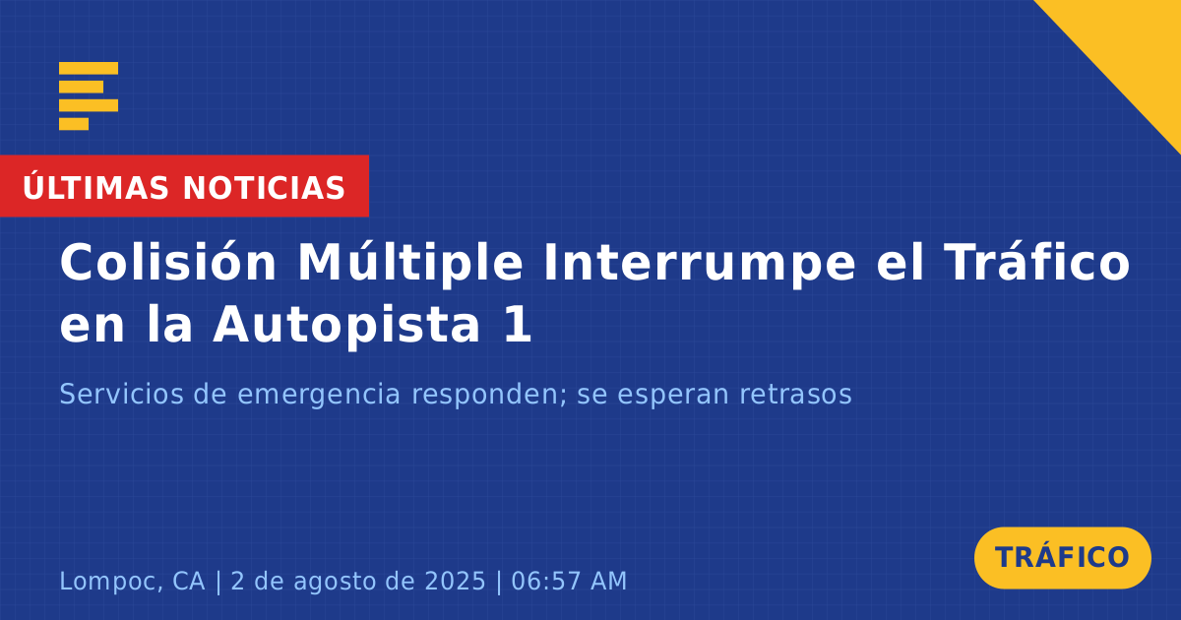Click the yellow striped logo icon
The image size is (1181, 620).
pos(89,96)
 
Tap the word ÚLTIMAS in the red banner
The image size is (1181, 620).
pos(95,187)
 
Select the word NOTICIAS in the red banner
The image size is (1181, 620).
pos(264,188)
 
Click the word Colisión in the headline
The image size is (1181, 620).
pos(167,263)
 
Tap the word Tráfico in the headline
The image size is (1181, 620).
pos(1037,262)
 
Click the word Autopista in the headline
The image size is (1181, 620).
pos(346,325)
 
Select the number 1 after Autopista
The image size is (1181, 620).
pos(518,324)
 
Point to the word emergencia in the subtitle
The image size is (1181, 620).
pos(319,396)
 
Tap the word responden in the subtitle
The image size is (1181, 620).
pos(489,396)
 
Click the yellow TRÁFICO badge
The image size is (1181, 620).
pos(1062,558)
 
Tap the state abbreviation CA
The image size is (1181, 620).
pos(189,581)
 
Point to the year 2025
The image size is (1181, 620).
pos(455,581)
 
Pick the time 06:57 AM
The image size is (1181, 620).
pos(569,581)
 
